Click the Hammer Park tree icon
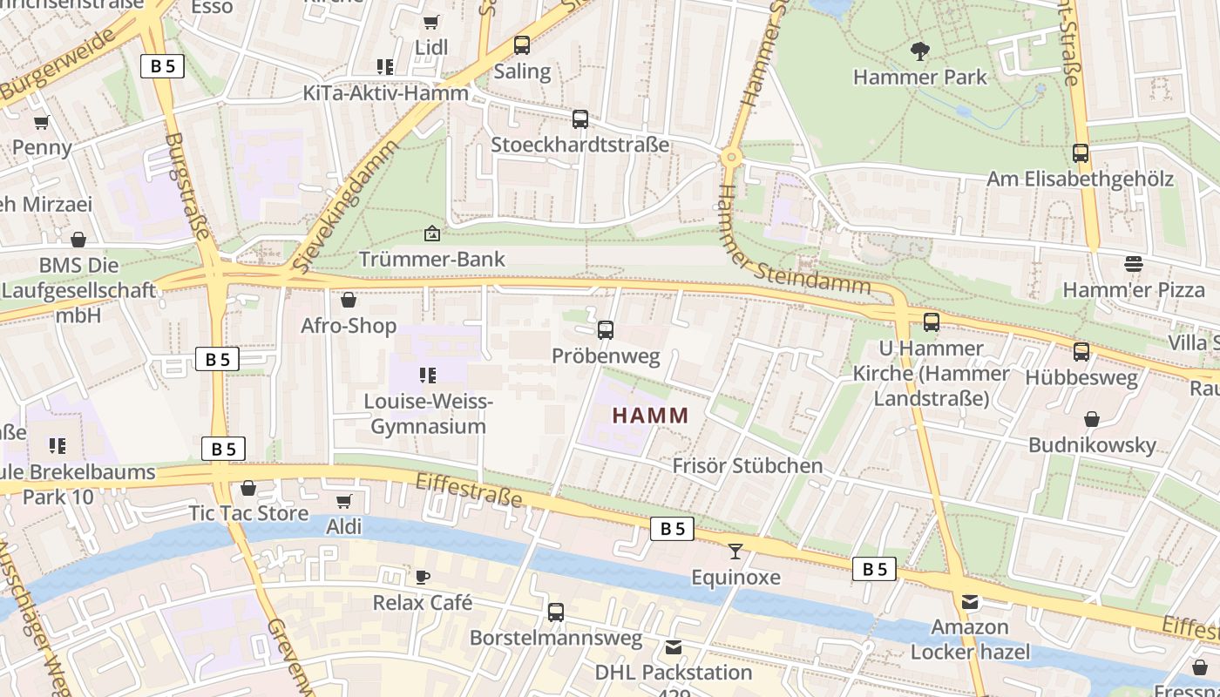(x=919, y=51)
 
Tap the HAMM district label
(x=650, y=416)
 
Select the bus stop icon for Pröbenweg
(x=606, y=330)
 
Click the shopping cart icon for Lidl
(x=430, y=22)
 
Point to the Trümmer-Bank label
(x=432, y=259)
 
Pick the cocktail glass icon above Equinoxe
(x=735, y=551)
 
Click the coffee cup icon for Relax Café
(x=423, y=577)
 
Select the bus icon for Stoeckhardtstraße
(x=580, y=119)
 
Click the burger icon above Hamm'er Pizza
(x=1133, y=263)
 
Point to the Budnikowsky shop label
(x=1092, y=445)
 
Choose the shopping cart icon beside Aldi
(x=343, y=501)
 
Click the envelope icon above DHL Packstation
(x=674, y=647)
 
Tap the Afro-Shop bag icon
(x=349, y=300)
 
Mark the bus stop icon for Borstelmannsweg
(x=556, y=612)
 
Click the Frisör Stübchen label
(x=747, y=465)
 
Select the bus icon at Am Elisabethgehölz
(x=1081, y=153)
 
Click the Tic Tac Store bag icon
(x=248, y=488)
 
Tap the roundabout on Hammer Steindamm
(x=730, y=158)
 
